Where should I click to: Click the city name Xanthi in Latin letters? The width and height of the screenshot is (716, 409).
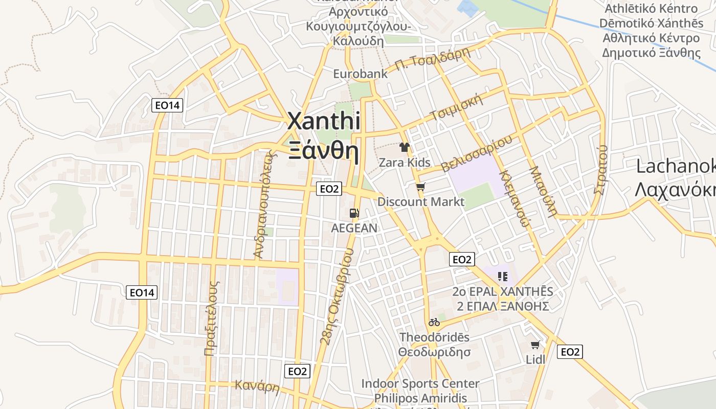324,122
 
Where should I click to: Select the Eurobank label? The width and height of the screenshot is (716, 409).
360,74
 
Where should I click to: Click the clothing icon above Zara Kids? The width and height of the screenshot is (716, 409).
405,148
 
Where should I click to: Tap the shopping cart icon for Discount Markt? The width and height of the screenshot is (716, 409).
420,187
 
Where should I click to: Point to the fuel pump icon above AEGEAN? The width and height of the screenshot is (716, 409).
353,213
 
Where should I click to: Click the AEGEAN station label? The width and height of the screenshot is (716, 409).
354,228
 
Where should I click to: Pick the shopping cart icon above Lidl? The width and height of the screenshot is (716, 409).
535,345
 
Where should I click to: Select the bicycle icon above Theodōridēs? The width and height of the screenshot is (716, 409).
434,322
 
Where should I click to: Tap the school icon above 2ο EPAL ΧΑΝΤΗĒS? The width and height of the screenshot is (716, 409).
502,277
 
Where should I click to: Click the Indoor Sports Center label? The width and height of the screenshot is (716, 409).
420,383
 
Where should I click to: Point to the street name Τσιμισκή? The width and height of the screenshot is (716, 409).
457,107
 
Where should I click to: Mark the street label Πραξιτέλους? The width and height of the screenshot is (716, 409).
212,317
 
